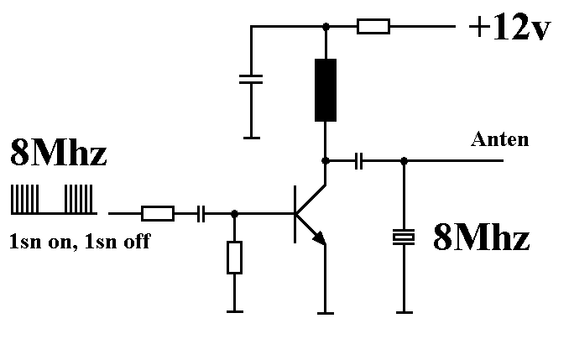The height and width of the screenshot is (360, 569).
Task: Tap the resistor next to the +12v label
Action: (373, 27)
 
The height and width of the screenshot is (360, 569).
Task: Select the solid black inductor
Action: (326, 90)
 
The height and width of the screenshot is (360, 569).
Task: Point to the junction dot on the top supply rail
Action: (326, 27)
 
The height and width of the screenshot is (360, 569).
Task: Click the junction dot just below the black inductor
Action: (326, 159)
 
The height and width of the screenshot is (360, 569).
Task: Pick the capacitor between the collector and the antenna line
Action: (358, 159)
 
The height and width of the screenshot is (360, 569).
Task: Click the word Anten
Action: (501, 139)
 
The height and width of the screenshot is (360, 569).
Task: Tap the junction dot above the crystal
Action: (405, 159)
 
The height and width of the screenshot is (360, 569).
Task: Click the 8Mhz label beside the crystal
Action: (481, 239)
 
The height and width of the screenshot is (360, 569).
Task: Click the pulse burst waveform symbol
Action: (53, 199)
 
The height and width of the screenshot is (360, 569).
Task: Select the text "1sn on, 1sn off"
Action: (80, 243)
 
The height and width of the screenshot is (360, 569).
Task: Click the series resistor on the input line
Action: (157, 213)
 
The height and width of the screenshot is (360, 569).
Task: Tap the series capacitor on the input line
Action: (201, 213)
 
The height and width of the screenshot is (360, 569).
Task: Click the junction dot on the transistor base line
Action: (234, 213)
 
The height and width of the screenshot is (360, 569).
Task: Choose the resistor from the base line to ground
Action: (234, 258)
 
